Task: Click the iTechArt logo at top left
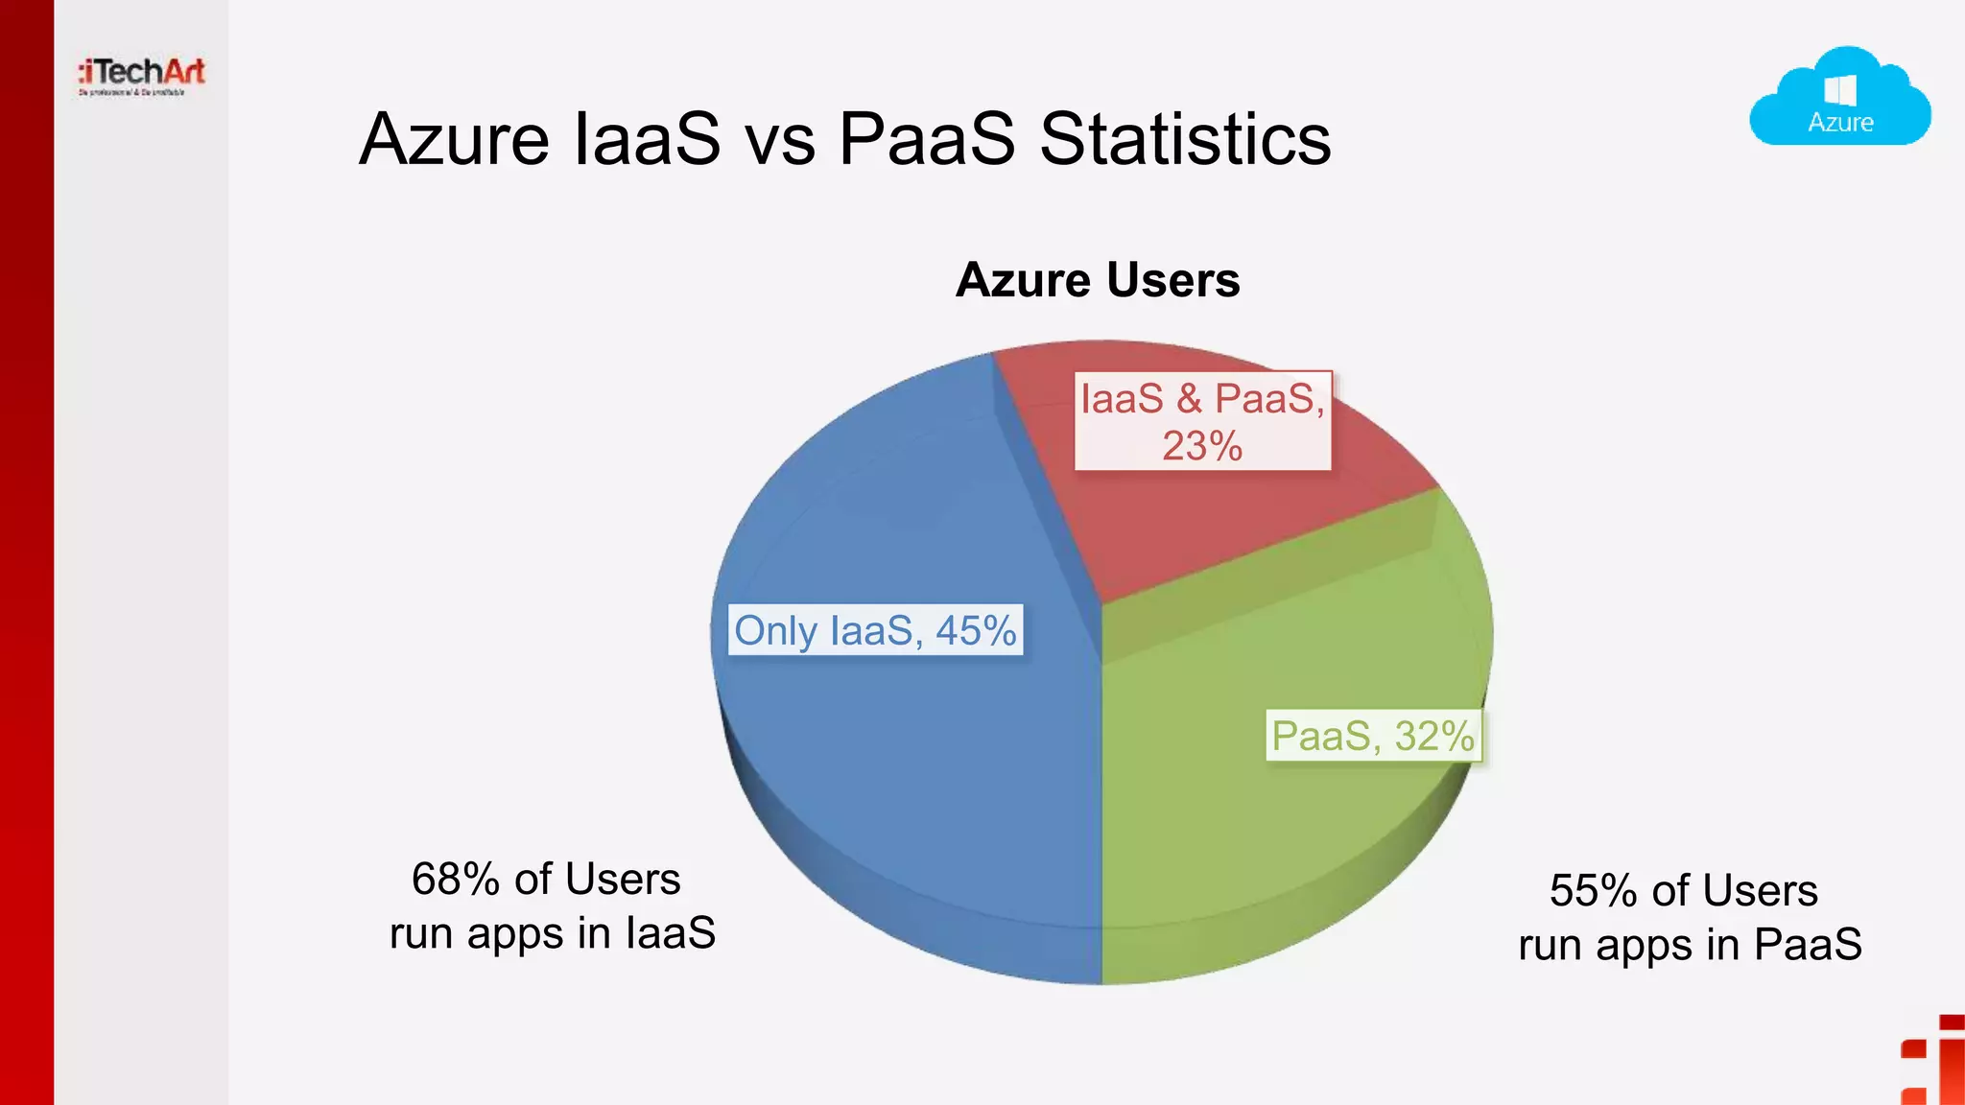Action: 142,75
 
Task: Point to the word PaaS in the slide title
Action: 926,140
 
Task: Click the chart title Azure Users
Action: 1098,280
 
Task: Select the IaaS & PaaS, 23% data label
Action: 1202,421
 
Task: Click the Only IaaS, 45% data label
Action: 875,630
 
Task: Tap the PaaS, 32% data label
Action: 1373,736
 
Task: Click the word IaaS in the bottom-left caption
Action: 671,933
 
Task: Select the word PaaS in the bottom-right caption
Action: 1808,945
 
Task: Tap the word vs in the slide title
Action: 779,140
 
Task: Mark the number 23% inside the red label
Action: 1202,446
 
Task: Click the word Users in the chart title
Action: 1172,280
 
